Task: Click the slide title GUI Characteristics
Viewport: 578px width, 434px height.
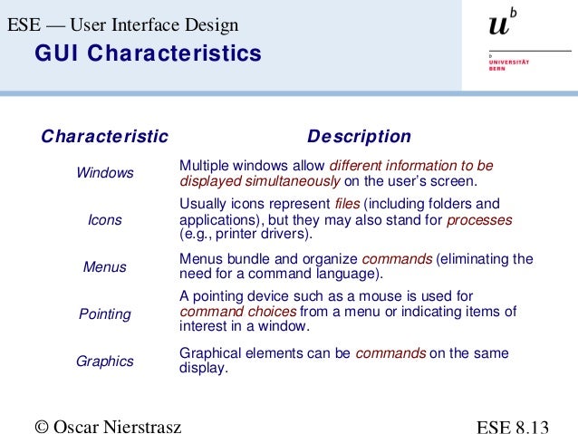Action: click(148, 54)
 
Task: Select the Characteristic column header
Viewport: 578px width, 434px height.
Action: click(105, 137)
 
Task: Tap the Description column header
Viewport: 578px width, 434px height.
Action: click(359, 137)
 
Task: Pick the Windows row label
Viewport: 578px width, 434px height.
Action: click(105, 173)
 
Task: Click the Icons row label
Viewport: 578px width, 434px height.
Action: click(105, 220)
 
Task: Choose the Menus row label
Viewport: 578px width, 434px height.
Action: click(105, 267)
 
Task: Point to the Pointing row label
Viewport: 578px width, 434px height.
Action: click(105, 314)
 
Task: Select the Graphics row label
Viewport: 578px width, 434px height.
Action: click(105, 362)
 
